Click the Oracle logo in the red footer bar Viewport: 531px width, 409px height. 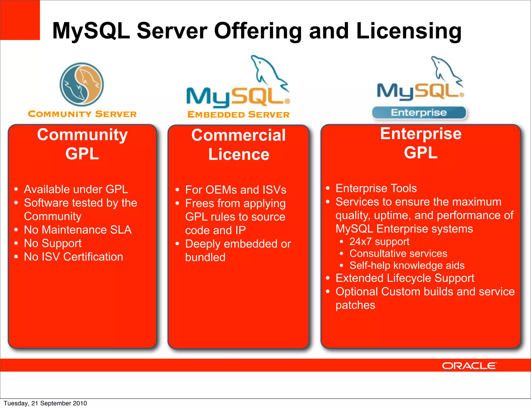coord(469,366)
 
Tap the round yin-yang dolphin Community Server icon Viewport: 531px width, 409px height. coord(82,84)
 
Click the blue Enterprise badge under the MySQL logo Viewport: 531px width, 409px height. coord(419,113)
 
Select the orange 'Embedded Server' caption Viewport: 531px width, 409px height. coord(238,114)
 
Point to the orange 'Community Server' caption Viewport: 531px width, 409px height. coord(82,114)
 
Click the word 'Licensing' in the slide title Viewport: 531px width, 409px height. coord(409,31)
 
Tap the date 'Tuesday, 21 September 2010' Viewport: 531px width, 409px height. coord(45,403)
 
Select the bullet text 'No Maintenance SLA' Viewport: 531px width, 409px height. coord(78,230)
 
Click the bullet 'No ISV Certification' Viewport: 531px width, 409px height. coord(73,257)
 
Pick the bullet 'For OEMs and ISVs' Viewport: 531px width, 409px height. coord(235,190)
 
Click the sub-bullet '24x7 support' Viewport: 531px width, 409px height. coord(379,242)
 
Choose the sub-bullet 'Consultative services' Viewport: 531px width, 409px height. coord(398,253)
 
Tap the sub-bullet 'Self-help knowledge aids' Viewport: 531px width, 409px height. coord(407,265)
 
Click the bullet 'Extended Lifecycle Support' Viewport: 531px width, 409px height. coord(405,278)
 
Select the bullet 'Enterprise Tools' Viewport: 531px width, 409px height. coord(376,188)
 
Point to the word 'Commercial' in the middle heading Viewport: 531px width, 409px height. coord(238,135)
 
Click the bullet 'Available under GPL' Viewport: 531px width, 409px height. coord(76,189)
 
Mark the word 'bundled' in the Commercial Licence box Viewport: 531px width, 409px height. coord(205,257)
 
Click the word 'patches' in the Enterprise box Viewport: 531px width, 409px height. coord(355,305)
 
